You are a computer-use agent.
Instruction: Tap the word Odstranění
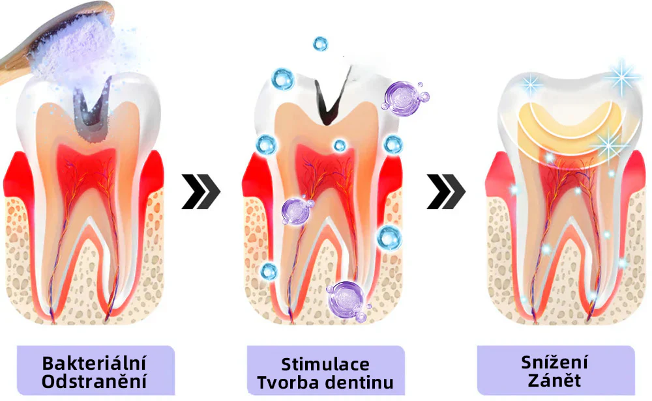coord(94,381)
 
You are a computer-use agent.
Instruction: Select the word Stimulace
coord(325,365)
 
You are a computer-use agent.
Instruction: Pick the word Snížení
coord(554,362)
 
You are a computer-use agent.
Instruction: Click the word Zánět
coord(554,380)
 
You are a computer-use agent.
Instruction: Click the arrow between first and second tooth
coord(201,191)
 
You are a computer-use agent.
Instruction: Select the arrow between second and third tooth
coord(446,191)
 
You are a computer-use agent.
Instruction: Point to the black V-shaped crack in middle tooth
coord(331,98)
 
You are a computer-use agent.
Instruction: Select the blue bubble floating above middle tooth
coord(320,44)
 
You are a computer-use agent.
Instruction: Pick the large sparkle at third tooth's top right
coord(621,77)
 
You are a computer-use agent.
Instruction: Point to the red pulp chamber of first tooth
coord(87,170)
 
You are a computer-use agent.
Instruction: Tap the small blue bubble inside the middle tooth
coord(340,145)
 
